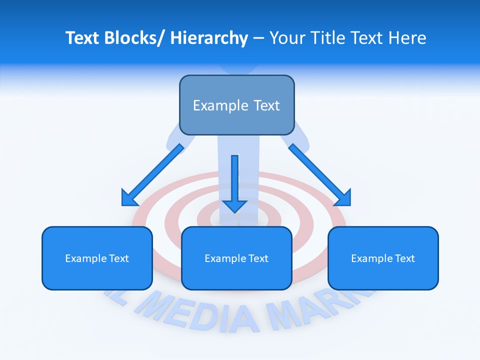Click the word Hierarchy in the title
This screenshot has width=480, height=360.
pos(209,38)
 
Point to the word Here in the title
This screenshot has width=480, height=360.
pos(407,38)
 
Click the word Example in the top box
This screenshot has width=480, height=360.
pos(220,105)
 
